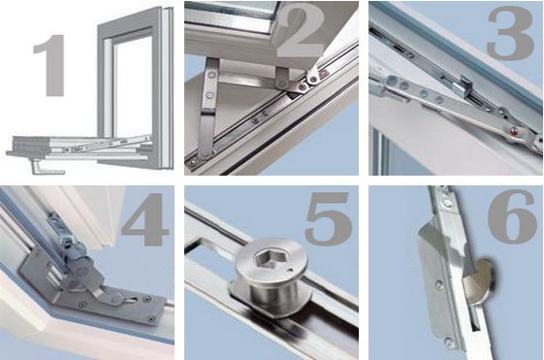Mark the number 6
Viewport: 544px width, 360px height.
pyautogui.click(x=512, y=220)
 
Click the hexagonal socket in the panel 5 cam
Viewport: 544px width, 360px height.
pyautogui.click(x=261, y=261)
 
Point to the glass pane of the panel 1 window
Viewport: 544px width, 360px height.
pyautogui.click(x=127, y=78)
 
